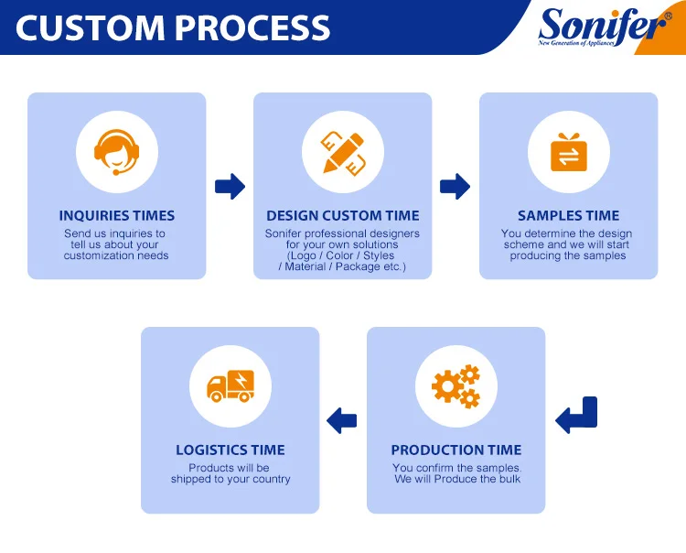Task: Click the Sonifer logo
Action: [x=603, y=25]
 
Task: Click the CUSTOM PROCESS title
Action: [x=173, y=28]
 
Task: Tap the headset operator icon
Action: [x=116, y=151]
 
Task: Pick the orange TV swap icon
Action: [x=568, y=151]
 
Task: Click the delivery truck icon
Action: [x=230, y=385]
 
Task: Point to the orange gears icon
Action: [x=456, y=385]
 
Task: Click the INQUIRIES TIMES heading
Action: [x=116, y=216]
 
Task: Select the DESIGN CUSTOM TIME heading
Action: [x=343, y=216]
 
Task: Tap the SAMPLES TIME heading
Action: [x=568, y=216]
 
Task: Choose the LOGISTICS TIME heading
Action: [x=230, y=450]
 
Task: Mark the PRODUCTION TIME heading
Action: [x=456, y=450]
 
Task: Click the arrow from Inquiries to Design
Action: [x=230, y=187]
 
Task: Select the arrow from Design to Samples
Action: [x=455, y=187]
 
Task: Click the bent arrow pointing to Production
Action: [x=577, y=417]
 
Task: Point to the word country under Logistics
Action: [x=271, y=480]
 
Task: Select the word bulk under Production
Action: [x=508, y=480]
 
